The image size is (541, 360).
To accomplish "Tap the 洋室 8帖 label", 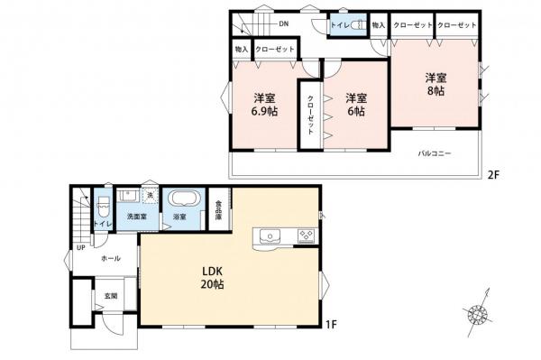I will pos(436,83).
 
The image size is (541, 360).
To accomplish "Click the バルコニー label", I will pos(434,153).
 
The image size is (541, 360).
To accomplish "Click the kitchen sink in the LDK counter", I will pos(270,237).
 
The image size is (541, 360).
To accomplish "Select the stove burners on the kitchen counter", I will pos(305,237).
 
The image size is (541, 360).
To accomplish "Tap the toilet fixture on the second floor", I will pos(353,25).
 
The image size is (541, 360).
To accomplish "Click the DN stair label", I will pos(282,23).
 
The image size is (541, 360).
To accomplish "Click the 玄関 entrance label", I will pos(110,295).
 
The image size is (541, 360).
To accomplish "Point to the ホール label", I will pos(111,258).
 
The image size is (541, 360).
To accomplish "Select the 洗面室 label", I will pos(136,217).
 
